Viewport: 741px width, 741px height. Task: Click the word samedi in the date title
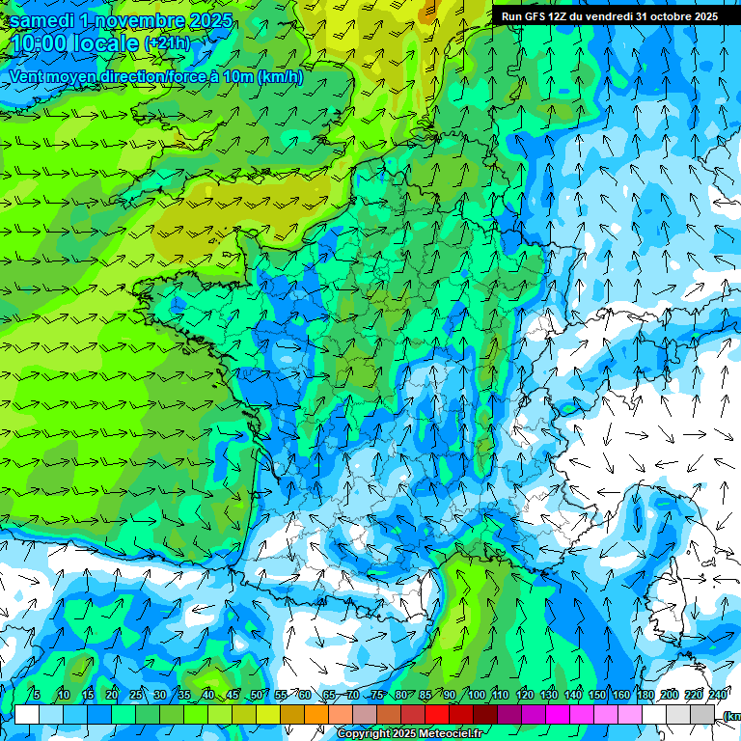[x=41, y=20]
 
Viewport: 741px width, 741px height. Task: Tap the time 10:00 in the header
[x=40, y=44]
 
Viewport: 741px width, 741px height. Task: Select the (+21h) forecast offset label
[x=167, y=43]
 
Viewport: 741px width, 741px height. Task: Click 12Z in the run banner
[x=560, y=16]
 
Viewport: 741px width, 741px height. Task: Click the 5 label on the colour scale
[x=37, y=696]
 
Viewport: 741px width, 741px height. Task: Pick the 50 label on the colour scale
[x=256, y=696]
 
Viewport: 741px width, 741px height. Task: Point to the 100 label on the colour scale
[x=476, y=696]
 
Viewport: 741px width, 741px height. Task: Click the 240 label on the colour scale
[x=718, y=696]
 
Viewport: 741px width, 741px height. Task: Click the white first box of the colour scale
[x=27, y=714]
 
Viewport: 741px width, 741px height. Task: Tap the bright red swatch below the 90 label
[x=437, y=714]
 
